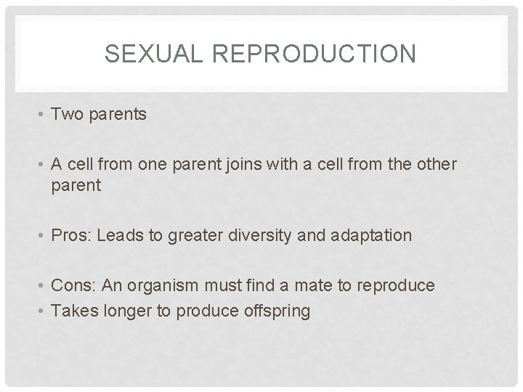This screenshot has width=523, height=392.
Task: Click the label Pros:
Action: point(73,235)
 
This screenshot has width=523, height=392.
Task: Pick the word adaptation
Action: point(372,235)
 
